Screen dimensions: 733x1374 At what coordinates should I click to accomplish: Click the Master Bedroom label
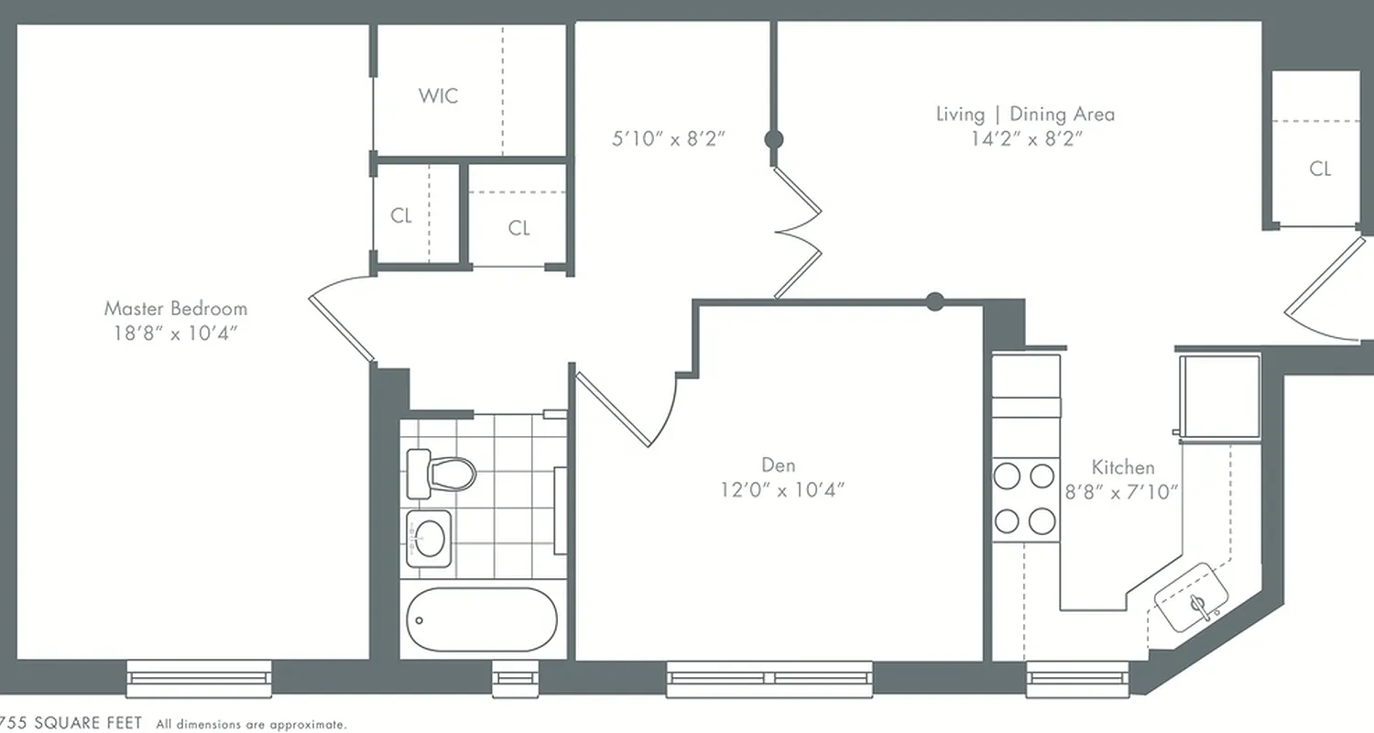pos(175,308)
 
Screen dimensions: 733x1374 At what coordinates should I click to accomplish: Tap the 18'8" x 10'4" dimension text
pos(175,333)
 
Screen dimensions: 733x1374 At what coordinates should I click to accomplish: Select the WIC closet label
pos(438,95)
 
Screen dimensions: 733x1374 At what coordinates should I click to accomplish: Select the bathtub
pos(481,619)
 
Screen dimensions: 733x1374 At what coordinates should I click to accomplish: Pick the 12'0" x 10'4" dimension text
pos(781,489)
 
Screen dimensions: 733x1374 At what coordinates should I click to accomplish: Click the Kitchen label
pos(1122,467)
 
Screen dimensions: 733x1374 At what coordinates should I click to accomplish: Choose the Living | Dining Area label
pos(1025,115)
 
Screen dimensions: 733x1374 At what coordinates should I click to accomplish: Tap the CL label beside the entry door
pos(1319,169)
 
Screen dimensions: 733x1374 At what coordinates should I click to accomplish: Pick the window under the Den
pos(769,679)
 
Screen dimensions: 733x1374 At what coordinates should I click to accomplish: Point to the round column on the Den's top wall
pos(934,301)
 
